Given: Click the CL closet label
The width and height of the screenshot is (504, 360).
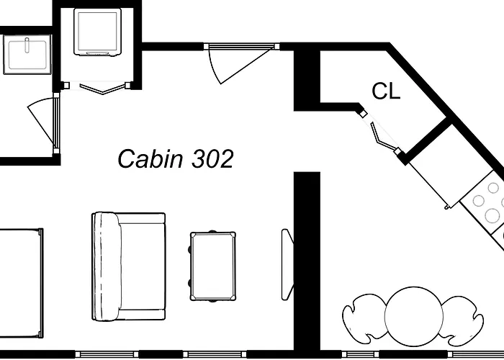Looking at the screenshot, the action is [386, 91].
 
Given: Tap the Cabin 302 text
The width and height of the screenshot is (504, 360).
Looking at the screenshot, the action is [175, 159].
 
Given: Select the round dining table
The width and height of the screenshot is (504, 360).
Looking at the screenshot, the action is [414, 317].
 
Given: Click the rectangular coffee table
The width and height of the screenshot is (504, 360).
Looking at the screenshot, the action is [213, 266].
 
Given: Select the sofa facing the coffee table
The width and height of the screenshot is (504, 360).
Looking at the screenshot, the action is [129, 266].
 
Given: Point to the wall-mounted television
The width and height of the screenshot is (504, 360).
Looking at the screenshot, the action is [287, 264].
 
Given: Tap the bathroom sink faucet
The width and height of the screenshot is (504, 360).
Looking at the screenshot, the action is [27, 45].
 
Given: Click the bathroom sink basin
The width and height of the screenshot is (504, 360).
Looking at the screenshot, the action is [27, 55].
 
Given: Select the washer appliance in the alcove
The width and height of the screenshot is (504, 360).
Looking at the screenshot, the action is [97, 32].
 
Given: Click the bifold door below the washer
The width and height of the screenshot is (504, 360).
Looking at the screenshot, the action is [102, 89].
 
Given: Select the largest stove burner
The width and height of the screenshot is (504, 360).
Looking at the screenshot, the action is [492, 215].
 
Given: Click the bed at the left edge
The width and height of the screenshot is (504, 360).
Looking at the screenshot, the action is [21, 283].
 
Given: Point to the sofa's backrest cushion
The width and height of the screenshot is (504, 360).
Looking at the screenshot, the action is [107, 266].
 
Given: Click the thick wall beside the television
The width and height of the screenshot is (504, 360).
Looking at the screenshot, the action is [307, 261].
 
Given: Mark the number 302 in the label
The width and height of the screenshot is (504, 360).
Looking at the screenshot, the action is [212, 159].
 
